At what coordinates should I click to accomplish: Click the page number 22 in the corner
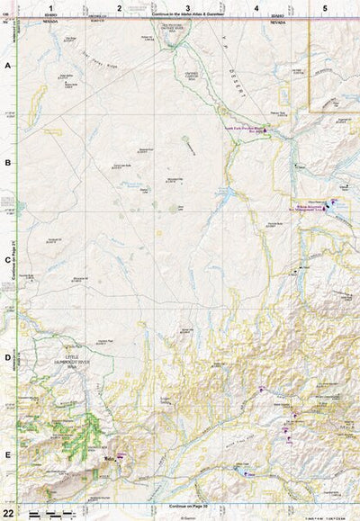7,512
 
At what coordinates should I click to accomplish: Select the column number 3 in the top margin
187,7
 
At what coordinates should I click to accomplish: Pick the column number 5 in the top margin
325,7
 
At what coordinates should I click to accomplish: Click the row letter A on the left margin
8,67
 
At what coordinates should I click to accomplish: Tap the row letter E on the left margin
8,454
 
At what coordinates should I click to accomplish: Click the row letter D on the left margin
8,357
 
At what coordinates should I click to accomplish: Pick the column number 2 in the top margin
119,7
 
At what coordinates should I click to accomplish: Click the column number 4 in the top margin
256,7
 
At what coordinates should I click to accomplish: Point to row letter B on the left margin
8,163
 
